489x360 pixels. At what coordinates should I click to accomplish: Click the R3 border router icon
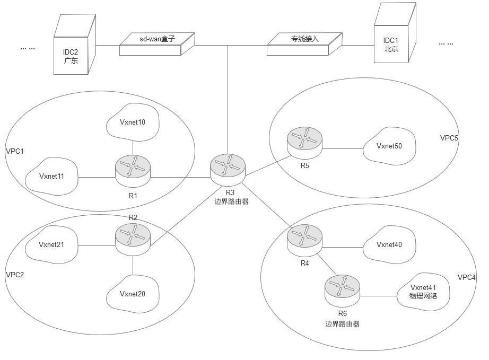click(x=228, y=168)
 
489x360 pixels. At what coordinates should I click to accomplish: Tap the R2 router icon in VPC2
click(x=133, y=236)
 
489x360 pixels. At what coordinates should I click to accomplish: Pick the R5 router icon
click(x=305, y=141)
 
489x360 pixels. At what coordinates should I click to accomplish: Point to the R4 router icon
click(x=305, y=238)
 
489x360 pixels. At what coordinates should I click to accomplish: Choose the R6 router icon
click(x=342, y=288)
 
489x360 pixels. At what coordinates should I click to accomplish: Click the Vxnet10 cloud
click(x=133, y=122)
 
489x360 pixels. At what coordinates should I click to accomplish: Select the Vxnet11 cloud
click(x=51, y=177)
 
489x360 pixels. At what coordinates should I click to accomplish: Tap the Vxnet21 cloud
click(x=51, y=245)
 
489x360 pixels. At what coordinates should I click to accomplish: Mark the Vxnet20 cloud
click(x=133, y=294)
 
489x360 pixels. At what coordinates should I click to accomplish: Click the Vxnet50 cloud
click(x=389, y=146)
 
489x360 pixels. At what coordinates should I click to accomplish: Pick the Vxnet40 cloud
click(x=389, y=245)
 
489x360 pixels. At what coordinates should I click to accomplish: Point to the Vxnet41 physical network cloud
click(x=423, y=292)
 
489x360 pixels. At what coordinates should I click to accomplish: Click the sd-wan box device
click(x=157, y=43)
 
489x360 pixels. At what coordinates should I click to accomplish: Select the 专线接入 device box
click(x=304, y=43)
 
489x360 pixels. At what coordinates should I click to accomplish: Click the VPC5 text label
click(x=449, y=138)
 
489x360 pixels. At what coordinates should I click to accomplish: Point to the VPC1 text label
click(x=14, y=151)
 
